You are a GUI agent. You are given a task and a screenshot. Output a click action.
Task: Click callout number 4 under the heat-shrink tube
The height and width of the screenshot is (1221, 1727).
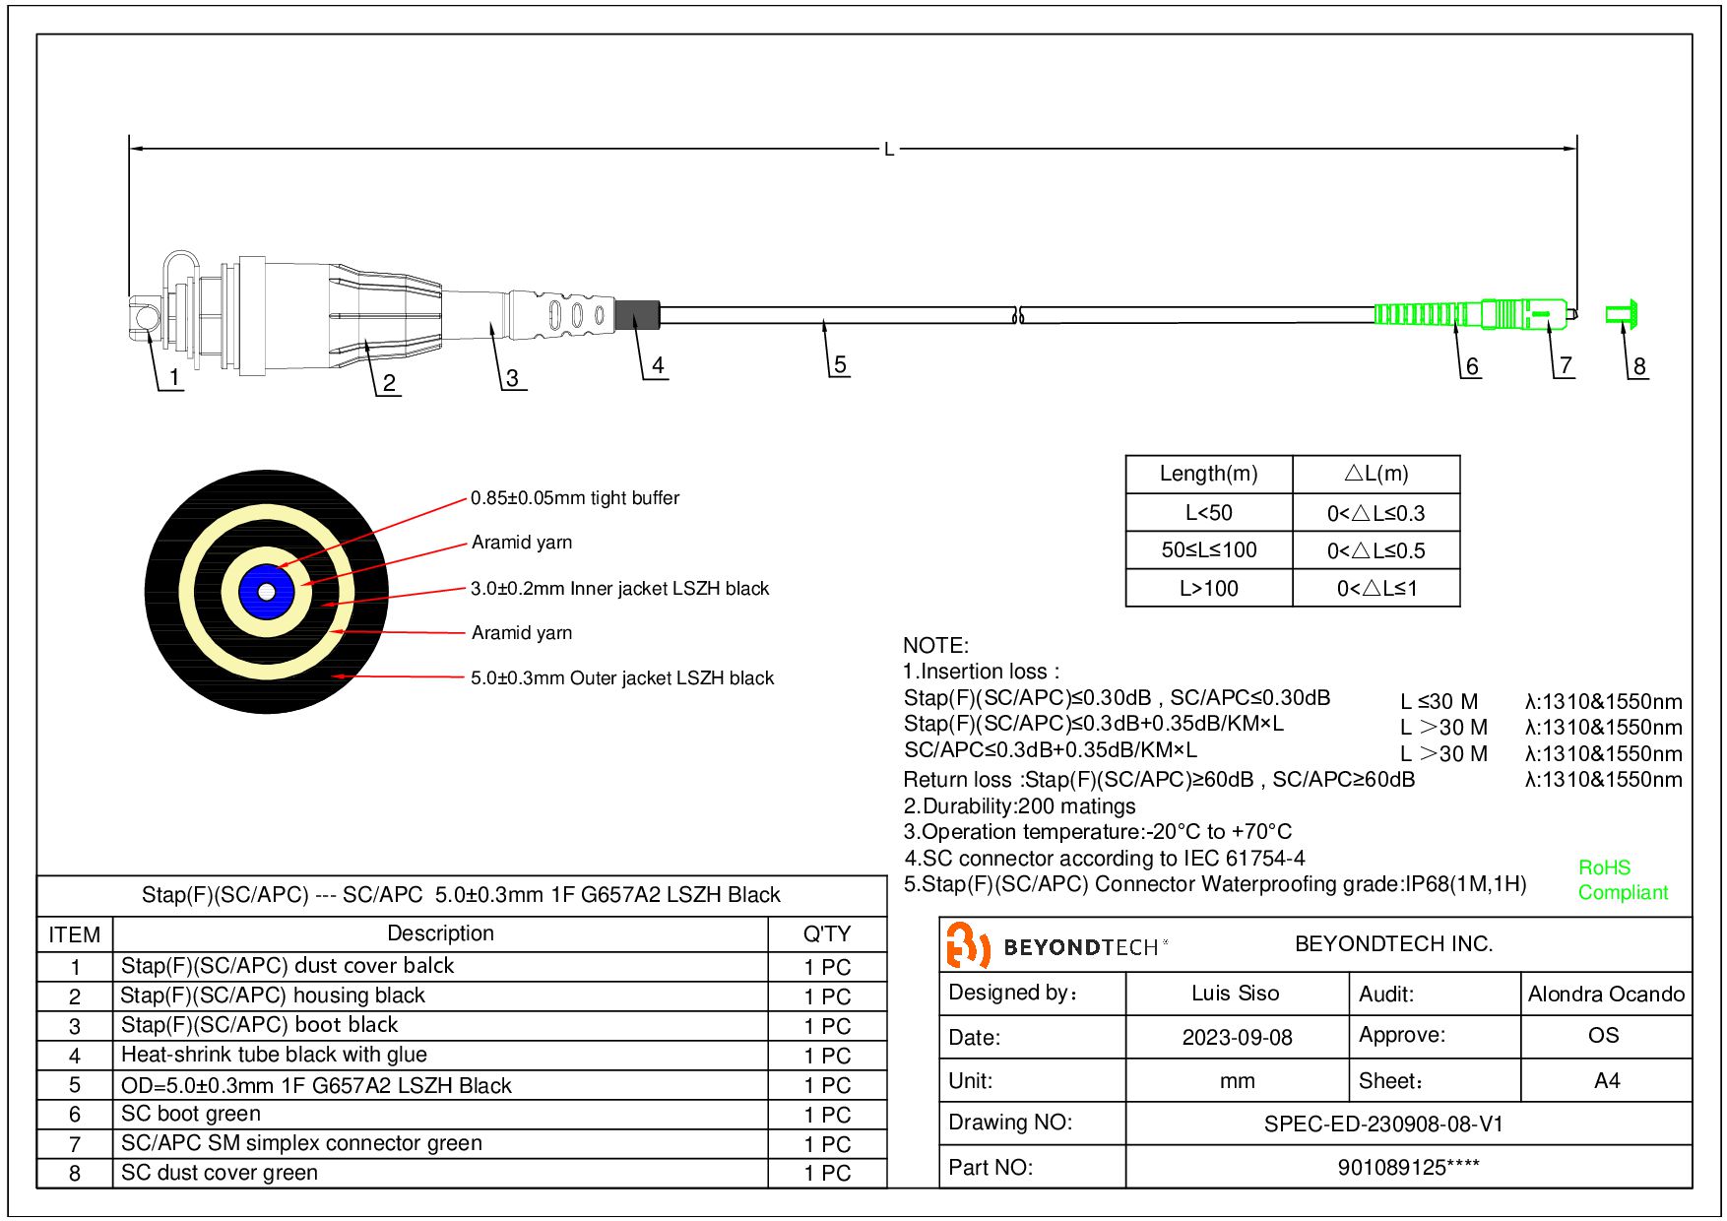pos(658,365)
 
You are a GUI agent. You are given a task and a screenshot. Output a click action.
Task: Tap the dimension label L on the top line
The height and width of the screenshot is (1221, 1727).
pos(889,150)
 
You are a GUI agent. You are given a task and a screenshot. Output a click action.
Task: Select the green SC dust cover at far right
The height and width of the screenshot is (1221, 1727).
pos(1622,314)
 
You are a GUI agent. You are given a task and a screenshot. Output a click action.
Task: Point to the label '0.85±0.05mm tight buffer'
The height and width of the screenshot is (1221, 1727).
pos(575,498)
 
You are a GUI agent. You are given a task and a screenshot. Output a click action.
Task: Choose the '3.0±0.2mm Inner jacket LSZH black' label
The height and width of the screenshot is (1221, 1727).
pos(619,589)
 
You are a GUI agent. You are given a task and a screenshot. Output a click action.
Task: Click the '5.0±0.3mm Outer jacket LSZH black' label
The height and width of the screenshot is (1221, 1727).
pos(622,678)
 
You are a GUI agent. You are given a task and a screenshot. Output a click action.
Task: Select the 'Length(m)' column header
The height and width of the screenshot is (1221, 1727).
pos(1208,474)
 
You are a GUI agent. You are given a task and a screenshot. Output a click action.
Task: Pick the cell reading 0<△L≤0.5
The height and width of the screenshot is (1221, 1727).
pos(1375,550)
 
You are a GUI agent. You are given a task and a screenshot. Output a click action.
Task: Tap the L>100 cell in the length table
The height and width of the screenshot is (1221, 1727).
pos(1208,589)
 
